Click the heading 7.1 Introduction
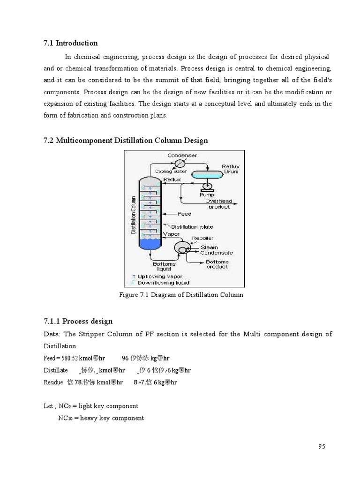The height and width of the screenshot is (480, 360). click(x=70, y=43)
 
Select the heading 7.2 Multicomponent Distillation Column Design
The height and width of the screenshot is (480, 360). click(x=126, y=140)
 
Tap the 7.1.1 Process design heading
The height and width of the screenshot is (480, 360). click(x=78, y=321)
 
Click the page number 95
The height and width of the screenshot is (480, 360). click(x=321, y=446)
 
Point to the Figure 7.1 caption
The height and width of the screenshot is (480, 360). click(x=182, y=295)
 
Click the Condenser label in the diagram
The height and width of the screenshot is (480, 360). click(x=182, y=155)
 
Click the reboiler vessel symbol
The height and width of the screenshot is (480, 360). click(x=180, y=247)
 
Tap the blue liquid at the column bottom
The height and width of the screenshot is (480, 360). click(x=150, y=243)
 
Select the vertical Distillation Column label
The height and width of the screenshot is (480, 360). click(x=133, y=216)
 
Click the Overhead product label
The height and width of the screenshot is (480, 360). click(x=218, y=204)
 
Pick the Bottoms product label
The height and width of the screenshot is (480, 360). click(x=217, y=264)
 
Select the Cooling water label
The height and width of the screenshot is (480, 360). click(x=171, y=172)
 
